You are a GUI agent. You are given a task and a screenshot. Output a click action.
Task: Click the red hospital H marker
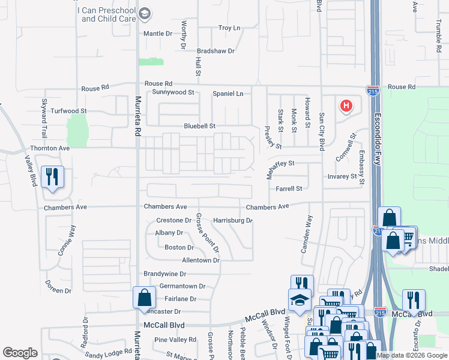click(346, 107)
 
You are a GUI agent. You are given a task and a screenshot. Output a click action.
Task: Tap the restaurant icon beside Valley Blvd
click(52, 177)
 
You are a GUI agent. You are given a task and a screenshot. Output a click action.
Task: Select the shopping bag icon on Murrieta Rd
click(145, 297)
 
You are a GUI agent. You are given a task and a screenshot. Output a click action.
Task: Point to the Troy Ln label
click(229, 28)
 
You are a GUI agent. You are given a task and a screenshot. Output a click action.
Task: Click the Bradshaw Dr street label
click(215, 52)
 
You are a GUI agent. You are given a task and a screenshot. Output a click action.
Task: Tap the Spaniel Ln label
click(228, 94)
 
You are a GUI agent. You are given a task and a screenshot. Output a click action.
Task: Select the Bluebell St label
click(199, 127)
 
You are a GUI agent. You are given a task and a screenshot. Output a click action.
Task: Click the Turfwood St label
click(68, 112)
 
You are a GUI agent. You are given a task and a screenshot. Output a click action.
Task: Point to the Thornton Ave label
click(50, 148)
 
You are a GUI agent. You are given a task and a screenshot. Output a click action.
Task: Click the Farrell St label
click(289, 189)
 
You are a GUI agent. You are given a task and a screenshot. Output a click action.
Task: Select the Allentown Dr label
click(201, 261)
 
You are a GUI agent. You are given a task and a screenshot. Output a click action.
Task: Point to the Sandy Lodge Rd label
click(108, 354)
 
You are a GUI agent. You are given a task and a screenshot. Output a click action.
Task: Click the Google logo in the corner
click(20, 353)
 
